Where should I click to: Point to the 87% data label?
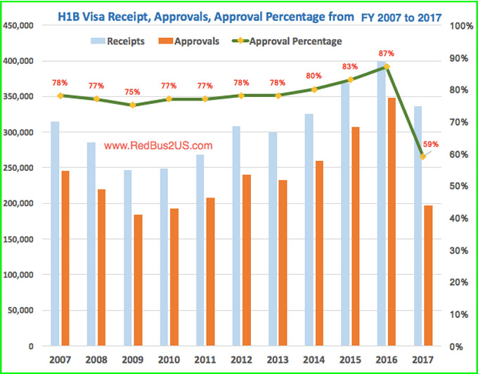pyautogui.click(x=385, y=53)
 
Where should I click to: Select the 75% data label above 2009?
pyautogui.click(x=132, y=91)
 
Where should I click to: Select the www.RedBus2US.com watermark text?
pyautogui.click(x=157, y=146)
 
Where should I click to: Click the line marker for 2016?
pyautogui.click(x=385, y=67)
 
